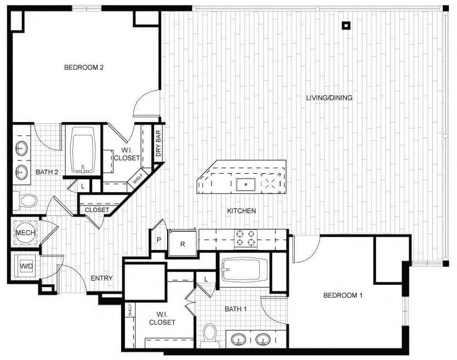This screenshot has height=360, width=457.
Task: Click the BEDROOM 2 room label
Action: click(84, 68)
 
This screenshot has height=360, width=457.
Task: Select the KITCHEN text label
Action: click(242, 210)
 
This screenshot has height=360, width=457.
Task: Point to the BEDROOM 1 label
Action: click(343, 296)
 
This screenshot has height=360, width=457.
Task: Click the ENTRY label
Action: click(101, 278)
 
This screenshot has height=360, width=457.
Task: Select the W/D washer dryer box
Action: click(26, 266)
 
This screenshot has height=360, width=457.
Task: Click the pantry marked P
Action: click(159, 239)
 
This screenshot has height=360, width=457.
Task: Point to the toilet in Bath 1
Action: click(209, 335)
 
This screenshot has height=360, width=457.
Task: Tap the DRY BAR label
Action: click(158, 144)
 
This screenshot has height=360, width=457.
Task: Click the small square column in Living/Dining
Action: click(346, 25)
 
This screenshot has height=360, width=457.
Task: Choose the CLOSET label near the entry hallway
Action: click(98, 210)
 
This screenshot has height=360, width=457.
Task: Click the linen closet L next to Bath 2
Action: click(82, 186)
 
